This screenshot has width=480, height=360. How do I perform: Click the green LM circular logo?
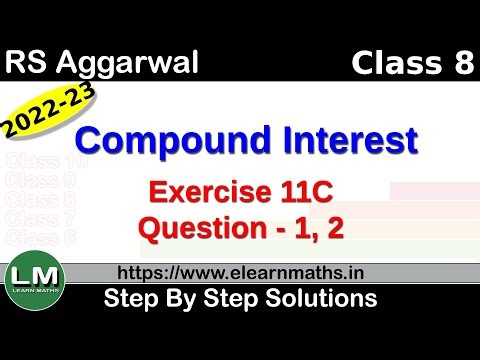(x=35, y=276)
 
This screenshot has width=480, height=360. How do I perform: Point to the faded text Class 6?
(x=40, y=236)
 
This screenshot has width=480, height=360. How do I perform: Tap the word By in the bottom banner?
(x=185, y=298)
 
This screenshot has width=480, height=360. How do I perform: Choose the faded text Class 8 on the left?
(x=40, y=199)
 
